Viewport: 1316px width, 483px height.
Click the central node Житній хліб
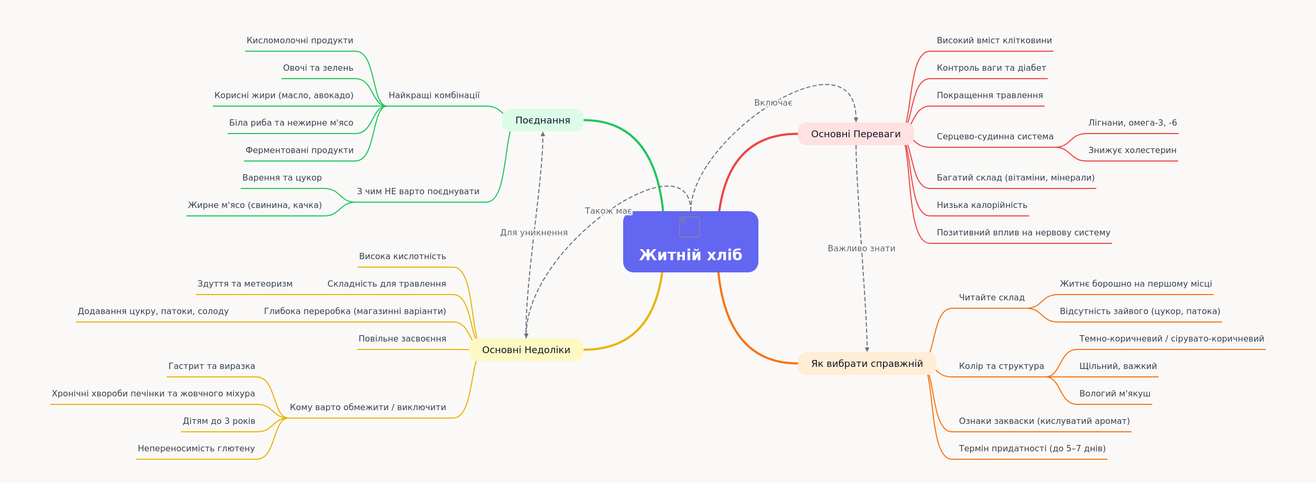point(690,242)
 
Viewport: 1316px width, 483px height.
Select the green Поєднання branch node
point(543,120)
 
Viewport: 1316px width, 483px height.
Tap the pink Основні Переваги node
point(856,134)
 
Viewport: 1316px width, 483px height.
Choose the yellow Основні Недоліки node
point(526,349)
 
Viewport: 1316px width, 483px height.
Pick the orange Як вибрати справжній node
point(867,363)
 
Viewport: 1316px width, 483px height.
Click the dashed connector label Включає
point(773,103)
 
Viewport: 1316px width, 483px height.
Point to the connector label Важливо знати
point(861,249)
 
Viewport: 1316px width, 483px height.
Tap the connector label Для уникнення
point(534,233)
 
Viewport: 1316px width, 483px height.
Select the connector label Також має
point(608,211)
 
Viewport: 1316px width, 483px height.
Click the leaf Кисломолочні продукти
point(300,41)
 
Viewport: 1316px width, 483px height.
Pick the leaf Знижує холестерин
point(1132,150)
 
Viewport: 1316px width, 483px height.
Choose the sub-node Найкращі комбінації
point(434,96)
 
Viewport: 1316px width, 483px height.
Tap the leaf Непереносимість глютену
point(196,449)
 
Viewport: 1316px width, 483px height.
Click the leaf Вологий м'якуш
point(1115,394)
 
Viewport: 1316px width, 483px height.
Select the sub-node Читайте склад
point(992,298)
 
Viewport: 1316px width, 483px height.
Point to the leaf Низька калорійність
point(982,205)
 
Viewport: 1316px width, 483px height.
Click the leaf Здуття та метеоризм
point(245,284)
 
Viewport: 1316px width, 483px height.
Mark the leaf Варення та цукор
point(282,178)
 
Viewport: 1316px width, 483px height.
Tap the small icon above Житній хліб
point(690,227)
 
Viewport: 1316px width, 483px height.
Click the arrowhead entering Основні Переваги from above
point(856,120)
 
